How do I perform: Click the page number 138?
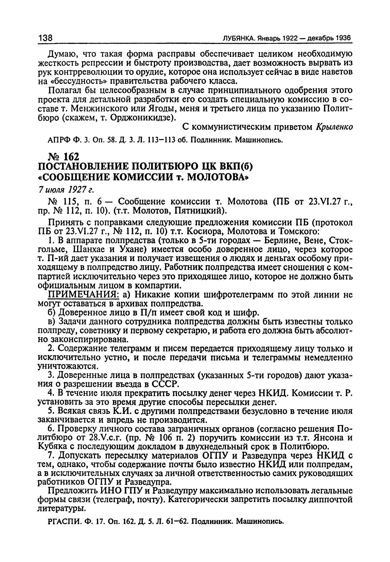pos(45,38)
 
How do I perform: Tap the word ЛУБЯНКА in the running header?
pos(237,38)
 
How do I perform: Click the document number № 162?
pos(64,157)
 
